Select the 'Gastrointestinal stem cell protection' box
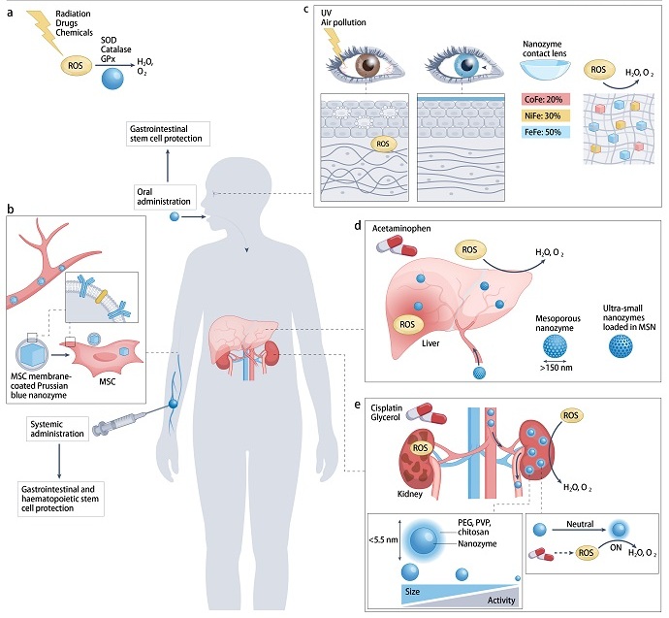(170, 134)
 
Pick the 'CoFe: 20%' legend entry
(544, 98)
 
